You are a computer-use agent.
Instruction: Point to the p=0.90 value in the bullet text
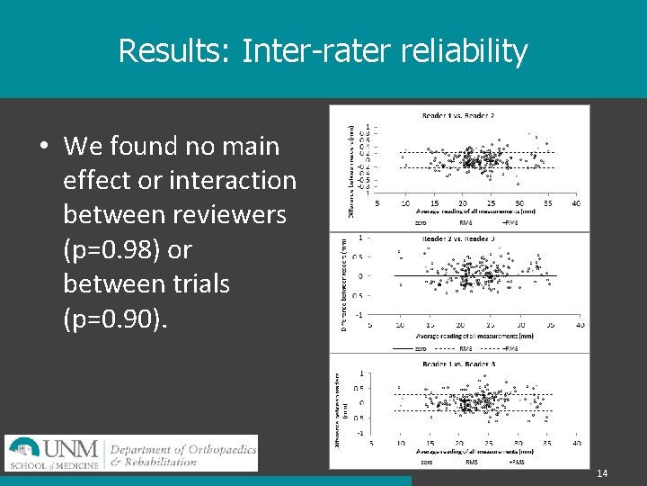click(x=112, y=318)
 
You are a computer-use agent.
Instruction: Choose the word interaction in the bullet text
click(x=233, y=181)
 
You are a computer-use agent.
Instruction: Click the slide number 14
click(x=602, y=473)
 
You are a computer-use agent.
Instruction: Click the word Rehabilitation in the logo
click(x=160, y=462)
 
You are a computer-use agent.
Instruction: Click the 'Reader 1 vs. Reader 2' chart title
click(x=458, y=115)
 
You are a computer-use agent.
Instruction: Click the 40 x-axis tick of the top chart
click(x=575, y=202)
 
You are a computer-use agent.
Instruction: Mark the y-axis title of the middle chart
click(x=344, y=284)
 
